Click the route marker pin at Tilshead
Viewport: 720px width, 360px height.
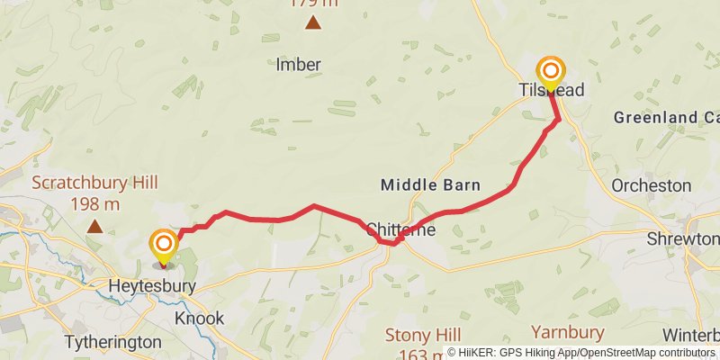[x=551, y=73]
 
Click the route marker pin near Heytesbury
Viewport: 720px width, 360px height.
[x=163, y=247]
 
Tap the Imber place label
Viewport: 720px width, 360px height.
[x=299, y=65]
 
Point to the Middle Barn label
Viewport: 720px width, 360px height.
[x=430, y=185]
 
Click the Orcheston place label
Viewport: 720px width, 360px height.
[x=651, y=185]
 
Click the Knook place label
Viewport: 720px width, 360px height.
[x=199, y=319]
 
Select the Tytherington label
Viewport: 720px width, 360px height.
[x=113, y=342]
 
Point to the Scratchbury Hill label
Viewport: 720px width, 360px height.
[x=94, y=184]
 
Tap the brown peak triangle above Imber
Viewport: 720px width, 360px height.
[x=313, y=23]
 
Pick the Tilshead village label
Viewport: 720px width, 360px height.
[x=551, y=91]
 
